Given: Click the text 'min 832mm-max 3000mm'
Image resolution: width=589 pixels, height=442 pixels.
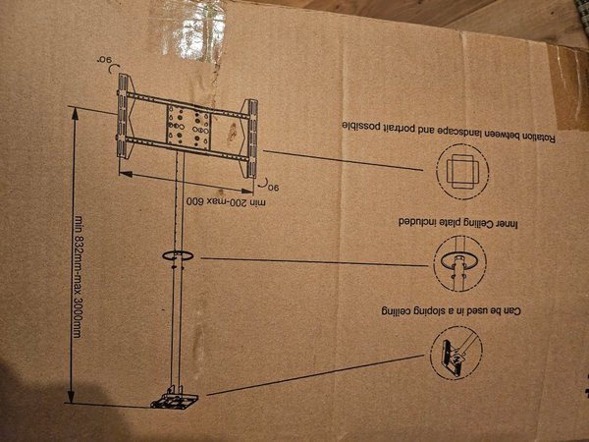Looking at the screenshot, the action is pyautogui.click(x=78, y=276).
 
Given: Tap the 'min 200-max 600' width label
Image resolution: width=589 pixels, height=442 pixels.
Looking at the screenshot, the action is pyautogui.click(x=226, y=201).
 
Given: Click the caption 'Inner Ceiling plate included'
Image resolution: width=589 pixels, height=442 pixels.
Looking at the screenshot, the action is pyautogui.click(x=458, y=222).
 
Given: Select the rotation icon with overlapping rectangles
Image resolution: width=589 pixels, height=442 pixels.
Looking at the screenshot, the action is pyautogui.click(x=462, y=171).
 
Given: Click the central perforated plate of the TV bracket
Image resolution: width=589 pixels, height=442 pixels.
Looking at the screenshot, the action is pyautogui.click(x=187, y=128).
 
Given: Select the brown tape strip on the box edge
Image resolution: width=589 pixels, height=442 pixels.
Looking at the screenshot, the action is pyautogui.click(x=568, y=87).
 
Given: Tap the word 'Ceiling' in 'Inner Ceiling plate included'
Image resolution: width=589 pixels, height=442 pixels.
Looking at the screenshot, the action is pyautogui.click(x=479, y=223).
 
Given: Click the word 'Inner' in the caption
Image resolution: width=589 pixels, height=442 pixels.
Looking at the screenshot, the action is pyautogui.click(x=508, y=224).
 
